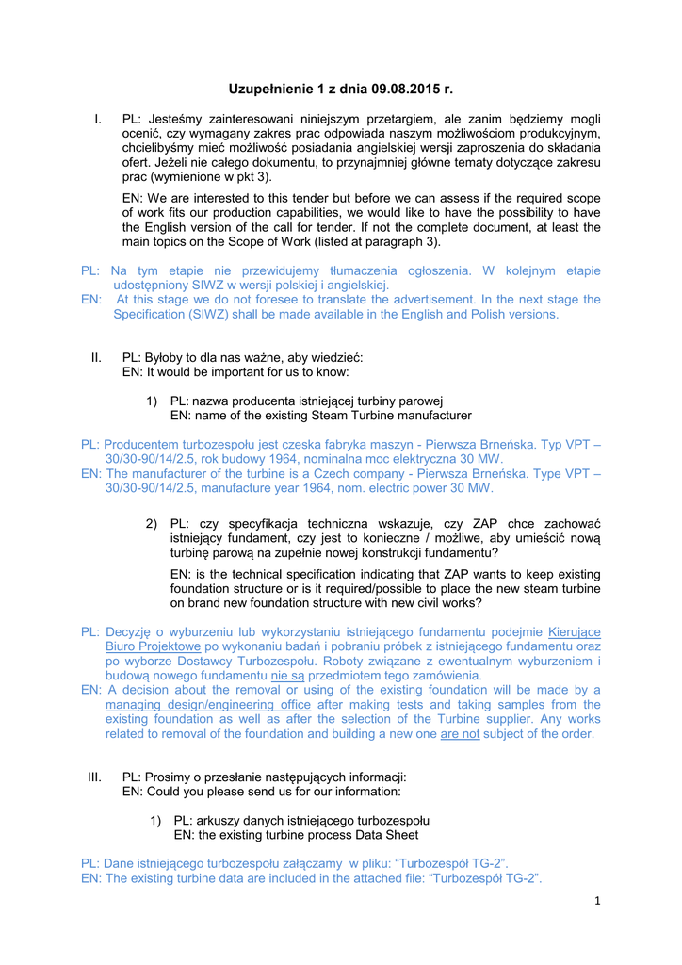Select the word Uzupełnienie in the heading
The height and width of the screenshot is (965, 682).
[271, 90]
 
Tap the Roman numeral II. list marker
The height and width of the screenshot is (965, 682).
[96, 357]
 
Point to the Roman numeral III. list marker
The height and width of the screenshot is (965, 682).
[94, 777]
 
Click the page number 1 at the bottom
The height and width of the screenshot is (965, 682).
[597, 900]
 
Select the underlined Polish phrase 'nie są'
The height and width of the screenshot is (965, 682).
[287, 675]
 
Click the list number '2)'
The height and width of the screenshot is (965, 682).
[152, 523]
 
